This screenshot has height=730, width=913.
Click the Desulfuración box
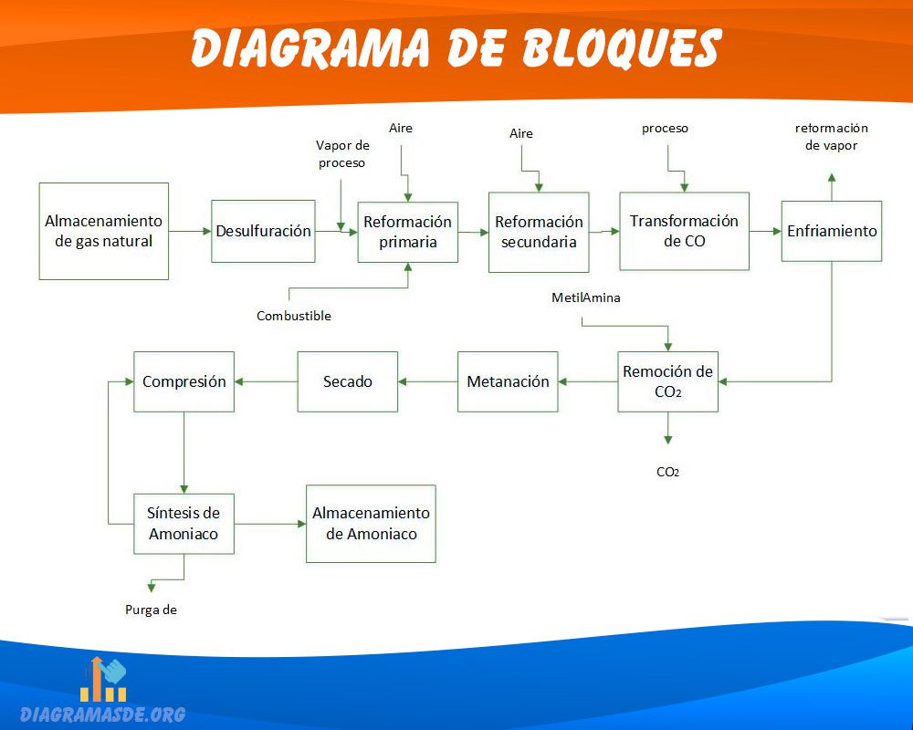click(263, 231)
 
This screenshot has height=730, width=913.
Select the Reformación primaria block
click(407, 232)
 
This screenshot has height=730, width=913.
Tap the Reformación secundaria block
click(539, 233)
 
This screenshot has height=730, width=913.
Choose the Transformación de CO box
click(684, 231)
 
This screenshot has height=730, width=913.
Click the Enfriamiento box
click(832, 231)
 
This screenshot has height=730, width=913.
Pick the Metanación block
click(508, 382)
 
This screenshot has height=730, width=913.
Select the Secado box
click(348, 382)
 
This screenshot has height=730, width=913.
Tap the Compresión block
click(184, 382)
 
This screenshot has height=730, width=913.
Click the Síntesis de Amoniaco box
click(184, 524)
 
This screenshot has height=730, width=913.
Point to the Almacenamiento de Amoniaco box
click(371, 524)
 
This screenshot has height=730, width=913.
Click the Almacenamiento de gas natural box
click(104, 231)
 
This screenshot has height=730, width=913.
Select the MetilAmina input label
click(586, 298)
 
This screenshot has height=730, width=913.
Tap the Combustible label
click(294, 316)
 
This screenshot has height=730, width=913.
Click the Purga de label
click(151, 610)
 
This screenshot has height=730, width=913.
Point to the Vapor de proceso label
click(342, 154)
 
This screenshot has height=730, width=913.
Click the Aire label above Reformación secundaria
click(521, 133)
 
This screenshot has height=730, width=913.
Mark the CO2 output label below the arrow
click(668, 472)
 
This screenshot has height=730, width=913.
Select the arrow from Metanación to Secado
click(428, 382)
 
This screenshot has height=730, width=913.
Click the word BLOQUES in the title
click(621, 47)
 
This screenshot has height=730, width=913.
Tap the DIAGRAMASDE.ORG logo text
click(102, 714)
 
